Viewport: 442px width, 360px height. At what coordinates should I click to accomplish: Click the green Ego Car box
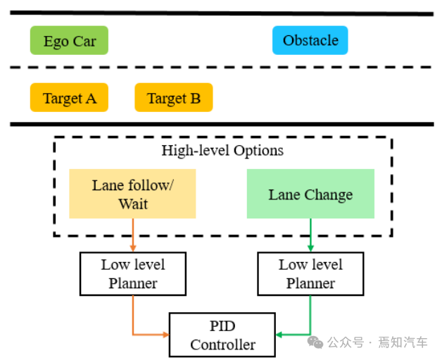69,41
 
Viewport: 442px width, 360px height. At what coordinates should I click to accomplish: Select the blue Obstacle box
310,40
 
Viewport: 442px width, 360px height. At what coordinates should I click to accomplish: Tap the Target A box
69,98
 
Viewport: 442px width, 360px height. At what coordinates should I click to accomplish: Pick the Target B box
173,98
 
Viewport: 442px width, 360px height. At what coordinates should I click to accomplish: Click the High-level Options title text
222,150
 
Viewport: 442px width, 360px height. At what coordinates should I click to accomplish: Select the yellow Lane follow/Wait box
132,194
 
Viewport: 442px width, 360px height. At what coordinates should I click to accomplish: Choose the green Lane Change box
310,194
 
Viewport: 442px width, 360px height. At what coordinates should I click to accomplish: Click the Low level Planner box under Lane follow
133,274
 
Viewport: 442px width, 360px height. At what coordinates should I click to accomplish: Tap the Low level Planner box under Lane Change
310,274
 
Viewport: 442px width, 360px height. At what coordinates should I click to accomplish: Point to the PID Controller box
222,335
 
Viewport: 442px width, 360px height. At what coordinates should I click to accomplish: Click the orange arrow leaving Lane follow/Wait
133,235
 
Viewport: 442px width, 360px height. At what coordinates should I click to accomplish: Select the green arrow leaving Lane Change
310,235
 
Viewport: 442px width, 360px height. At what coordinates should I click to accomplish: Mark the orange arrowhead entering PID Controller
165,334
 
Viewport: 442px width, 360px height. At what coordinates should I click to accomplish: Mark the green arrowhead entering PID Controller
279,334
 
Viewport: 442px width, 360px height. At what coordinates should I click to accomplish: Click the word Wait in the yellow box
133,204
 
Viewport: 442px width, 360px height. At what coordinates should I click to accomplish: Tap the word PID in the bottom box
222,326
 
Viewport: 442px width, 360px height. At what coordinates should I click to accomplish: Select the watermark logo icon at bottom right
315,342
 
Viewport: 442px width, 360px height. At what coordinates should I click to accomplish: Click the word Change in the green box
328,194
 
